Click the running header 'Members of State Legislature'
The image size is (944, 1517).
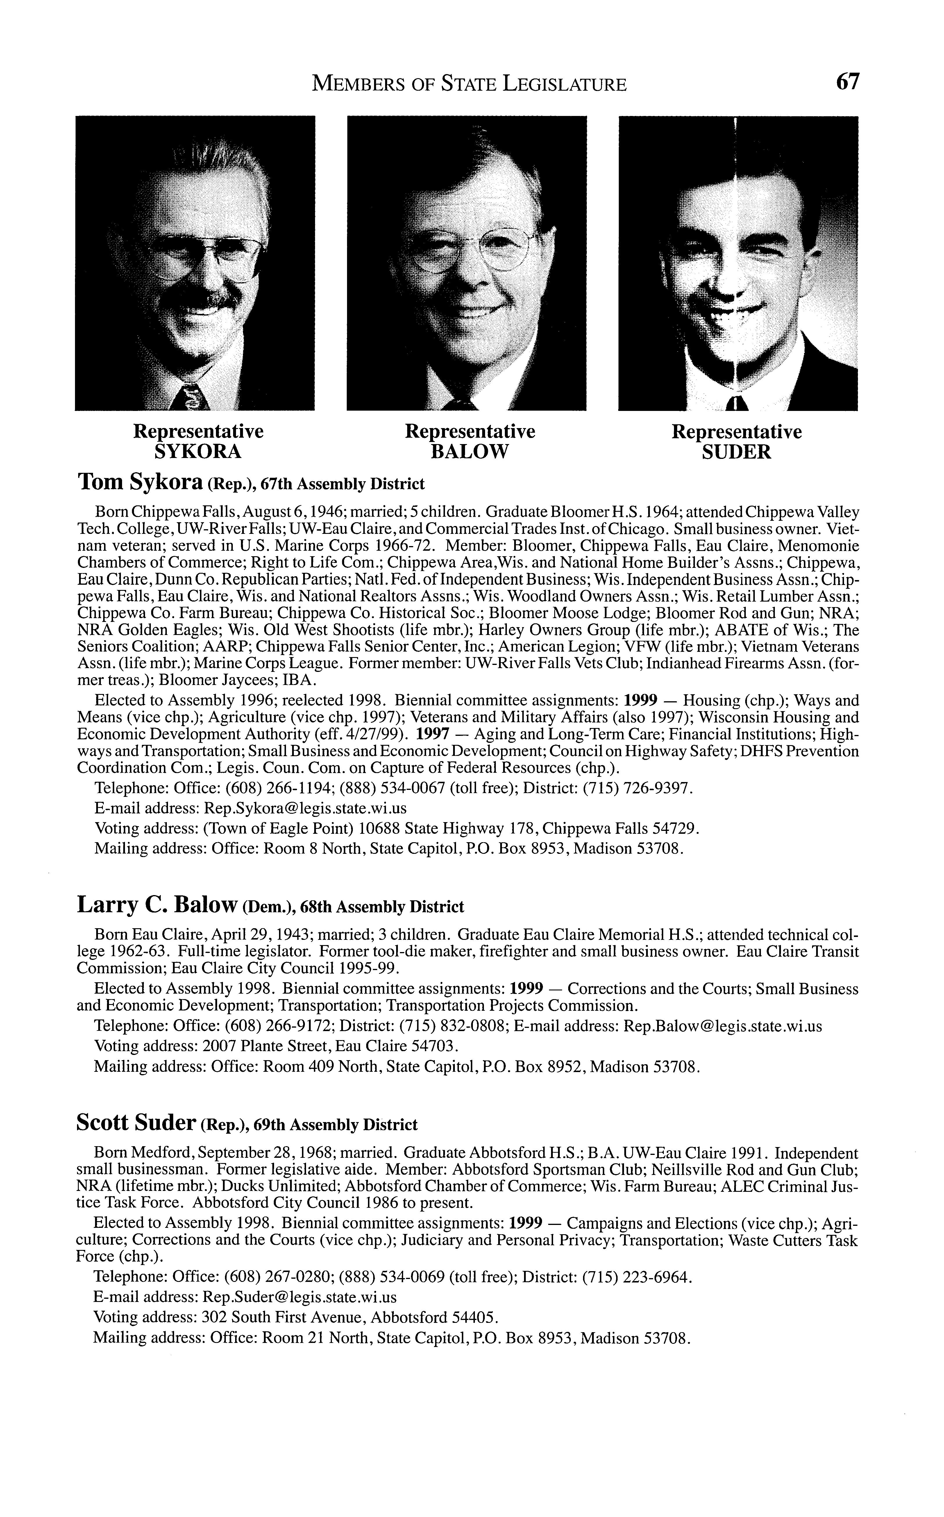click(469, 84)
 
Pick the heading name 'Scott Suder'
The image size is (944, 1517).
click(136, 1123)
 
